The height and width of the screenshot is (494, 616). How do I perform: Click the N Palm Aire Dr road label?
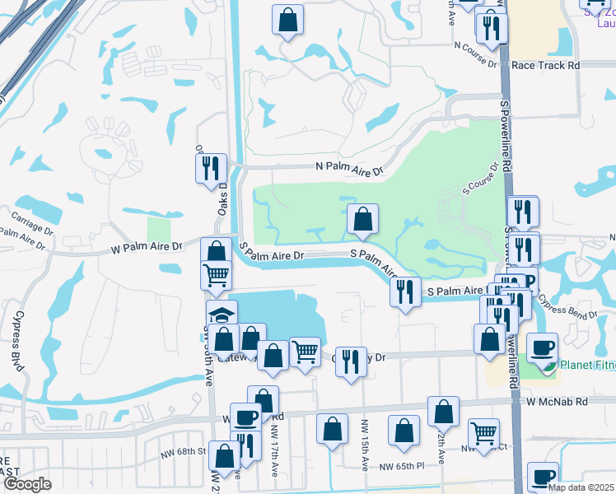click(x=350, y=168)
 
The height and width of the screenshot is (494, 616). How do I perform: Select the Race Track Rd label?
click(x=545, y=64)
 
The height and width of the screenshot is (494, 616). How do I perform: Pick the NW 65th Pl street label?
click(x=401, y=466)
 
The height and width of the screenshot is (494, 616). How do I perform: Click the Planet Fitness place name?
click(x=587, y=365)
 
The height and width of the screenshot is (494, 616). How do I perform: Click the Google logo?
click(x=27, y=484)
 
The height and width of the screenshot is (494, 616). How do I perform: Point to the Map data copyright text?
click(x=580, y=487)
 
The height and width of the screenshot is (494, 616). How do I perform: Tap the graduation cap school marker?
click(x=221, y=315)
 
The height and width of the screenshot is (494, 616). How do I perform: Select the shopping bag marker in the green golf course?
click(x=362, y=219)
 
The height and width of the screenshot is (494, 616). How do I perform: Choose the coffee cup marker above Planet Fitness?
click(x=542, y=347)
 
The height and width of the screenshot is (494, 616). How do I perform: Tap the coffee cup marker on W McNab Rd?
click(x=245, y=417)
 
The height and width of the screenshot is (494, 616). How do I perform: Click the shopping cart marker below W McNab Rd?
click(x=483, y=432)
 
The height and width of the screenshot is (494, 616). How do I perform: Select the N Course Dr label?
click(x=475, y=63)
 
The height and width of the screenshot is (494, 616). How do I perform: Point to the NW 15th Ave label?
click(x=363, y=445)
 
